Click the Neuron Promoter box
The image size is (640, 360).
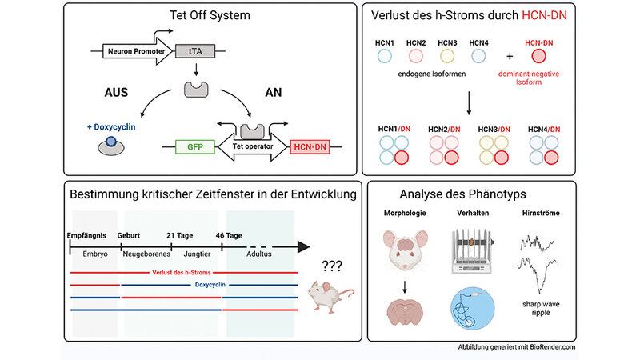[x=132, y=54]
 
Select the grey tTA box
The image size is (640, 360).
[x=194, y=54]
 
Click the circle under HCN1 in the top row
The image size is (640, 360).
[x=384, y=57]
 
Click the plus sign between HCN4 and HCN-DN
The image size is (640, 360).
[x=509, y=57]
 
